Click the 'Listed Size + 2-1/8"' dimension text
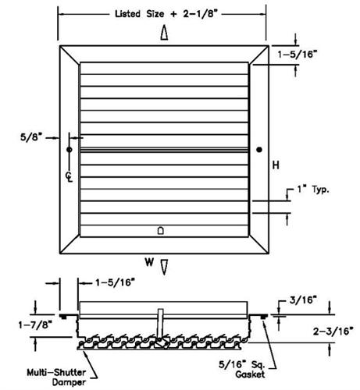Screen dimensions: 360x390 click(x=166, y=13)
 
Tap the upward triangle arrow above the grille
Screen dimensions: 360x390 click(x=164, y=33)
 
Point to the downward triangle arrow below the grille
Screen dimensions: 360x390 click(x=164, y=267)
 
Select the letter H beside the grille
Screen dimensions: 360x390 click(x=276, y=165)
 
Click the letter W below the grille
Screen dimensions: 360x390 click(x=149, y=262)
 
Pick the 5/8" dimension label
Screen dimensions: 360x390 click(x=31, y=137)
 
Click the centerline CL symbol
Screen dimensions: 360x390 click(x=69, y=177)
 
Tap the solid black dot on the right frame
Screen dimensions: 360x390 click(x=259, y=150)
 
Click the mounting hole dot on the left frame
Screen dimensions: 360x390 click(x=69, y=150)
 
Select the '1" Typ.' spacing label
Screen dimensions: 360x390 click(x=313, y=190)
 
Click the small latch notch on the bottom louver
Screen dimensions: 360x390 click(x=161, y=230)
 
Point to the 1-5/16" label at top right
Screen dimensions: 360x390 click(x=298, y=55)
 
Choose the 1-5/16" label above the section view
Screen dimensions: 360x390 click(x=115, y=282)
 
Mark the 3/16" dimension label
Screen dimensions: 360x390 click(x=303, y=300)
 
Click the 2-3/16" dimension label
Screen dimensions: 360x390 click(x=333, y=331)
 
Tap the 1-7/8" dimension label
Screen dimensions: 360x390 click(x=35, y=324)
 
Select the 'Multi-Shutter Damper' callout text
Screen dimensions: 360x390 click(x=56, y=378)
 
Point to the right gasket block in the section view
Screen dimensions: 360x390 click(x=264, y=317)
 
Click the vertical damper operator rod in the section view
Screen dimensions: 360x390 click(x=161, y=323)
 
